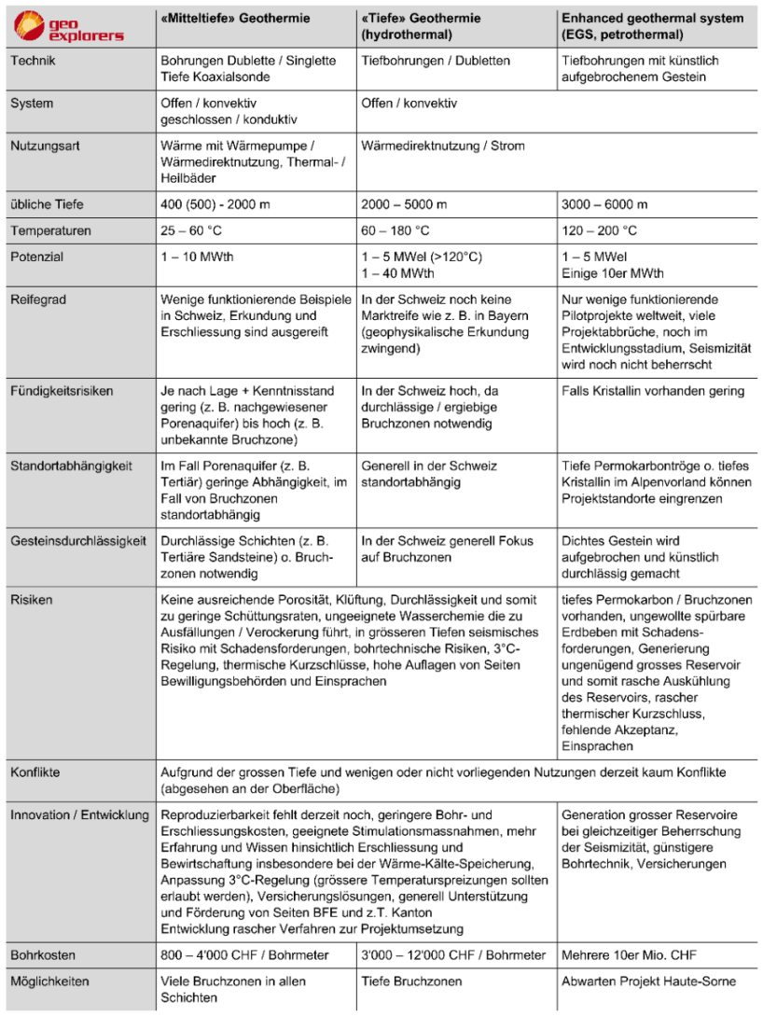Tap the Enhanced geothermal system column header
(652, 26)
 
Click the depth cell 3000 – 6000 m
(603, 204)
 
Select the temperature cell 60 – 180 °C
(395, 230)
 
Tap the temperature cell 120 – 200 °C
(600, 230)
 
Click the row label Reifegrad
(36, 299)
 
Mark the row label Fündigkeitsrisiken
(62, 391)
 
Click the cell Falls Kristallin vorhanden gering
(653, 391)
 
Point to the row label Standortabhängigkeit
(70, 466)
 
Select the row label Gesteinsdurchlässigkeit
(76, 540)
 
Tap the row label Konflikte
(36, 773)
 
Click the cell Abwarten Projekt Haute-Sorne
(648, 981)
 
